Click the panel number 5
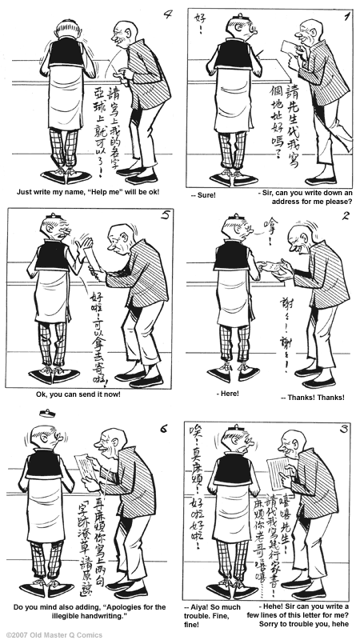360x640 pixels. pyautogui.click(x=165, y=218)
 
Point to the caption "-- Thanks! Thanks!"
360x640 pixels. pyautogui.click(x=312, y=398)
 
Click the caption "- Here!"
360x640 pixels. pyautogui.click(x=230, y=394)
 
